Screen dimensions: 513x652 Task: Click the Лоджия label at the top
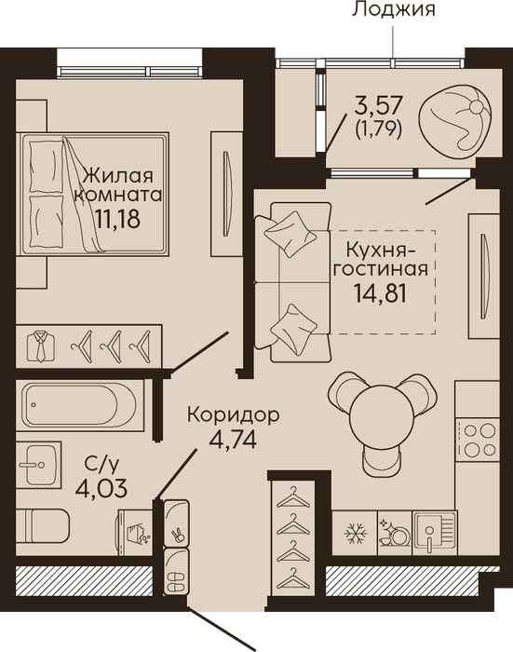click(393, 9)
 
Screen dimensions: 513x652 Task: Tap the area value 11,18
click(117, 218)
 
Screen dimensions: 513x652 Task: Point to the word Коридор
click(233, 415)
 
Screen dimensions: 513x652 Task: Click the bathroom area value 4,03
click(101, 488)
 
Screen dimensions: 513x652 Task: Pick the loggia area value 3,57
click(378, 104)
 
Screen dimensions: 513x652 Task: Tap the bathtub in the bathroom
click(78, 404)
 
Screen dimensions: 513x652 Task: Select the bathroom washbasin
click(39, 465)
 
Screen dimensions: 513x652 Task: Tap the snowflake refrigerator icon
click(356, 533)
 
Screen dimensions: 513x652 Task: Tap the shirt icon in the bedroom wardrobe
click(41, 346)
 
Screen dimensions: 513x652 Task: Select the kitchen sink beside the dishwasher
click(435, 533)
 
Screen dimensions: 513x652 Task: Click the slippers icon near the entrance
click(177, 577)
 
